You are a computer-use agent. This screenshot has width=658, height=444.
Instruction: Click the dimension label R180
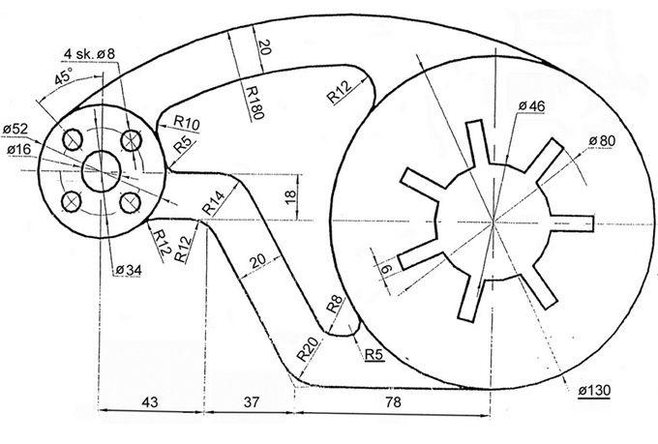tap(254, 103)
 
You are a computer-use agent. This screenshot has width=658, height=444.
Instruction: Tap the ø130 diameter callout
tap(594, 390)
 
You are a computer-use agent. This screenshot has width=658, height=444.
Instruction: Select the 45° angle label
tap(63, 76)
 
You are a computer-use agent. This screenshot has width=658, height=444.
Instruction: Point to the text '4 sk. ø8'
tap(89, 54)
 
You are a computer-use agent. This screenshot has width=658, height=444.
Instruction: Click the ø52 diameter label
tap(15, 130)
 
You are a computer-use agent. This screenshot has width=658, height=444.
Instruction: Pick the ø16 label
tap(19, 149)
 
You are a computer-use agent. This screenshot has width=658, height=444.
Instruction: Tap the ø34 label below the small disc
tap(129, 270)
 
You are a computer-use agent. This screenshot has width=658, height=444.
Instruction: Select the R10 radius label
tap(187, 123)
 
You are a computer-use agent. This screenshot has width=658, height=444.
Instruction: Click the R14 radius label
tap(213, 202)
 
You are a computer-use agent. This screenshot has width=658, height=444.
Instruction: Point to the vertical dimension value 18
tap(290, 196)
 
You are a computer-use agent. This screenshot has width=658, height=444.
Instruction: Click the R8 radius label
tap(335, 305)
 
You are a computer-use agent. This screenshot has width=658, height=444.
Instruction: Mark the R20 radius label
tap(309, 349)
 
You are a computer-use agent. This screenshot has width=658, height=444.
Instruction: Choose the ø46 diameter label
tap(531, 105)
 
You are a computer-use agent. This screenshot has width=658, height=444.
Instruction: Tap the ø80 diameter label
tap(602, 141)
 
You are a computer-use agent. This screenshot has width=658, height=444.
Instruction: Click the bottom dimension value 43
tap(150, 402)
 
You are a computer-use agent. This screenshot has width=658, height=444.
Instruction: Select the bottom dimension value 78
tap(393, 402)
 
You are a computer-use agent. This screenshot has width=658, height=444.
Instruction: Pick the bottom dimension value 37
tap(252, 402)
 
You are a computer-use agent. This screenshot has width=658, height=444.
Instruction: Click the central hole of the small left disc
tap(102, 171)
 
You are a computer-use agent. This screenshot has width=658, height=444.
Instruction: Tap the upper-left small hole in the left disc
tap(73, 139)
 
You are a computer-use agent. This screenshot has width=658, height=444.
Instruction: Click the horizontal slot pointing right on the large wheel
tap(573, 223)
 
